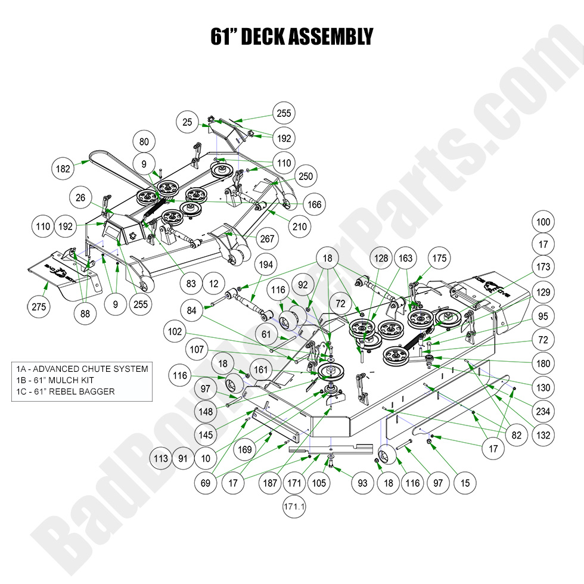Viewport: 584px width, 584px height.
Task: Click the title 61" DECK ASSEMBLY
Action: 291,37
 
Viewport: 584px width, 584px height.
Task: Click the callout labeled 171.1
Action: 293,507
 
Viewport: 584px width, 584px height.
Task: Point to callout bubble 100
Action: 543,222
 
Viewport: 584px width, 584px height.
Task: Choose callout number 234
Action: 543,411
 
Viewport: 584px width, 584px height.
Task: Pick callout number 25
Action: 188,123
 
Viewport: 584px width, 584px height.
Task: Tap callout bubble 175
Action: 440,258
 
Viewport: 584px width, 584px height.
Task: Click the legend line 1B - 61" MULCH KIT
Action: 61,380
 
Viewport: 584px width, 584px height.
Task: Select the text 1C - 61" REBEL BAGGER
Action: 66,392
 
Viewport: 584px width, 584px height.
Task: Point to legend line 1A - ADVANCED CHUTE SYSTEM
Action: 80,369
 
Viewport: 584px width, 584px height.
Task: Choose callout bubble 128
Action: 381,258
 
